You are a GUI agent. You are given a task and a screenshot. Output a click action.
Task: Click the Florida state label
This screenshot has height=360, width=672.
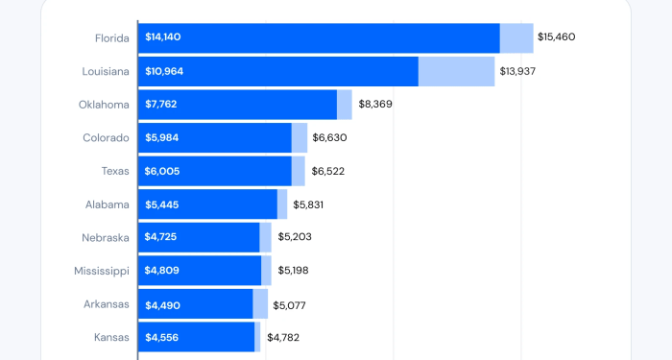[x=111, y=37]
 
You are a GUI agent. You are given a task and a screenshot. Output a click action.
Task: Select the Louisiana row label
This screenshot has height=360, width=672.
[x=106, y=71]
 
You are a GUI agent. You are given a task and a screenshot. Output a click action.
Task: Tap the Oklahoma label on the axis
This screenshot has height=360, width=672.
[x=104, y=105]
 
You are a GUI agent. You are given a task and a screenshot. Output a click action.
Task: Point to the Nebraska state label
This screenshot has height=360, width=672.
[x=106, y=237]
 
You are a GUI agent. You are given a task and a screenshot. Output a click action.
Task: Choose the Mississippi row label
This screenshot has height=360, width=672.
[x=102, y=271]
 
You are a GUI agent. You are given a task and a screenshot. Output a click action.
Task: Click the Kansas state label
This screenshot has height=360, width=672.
[x=111, y=337]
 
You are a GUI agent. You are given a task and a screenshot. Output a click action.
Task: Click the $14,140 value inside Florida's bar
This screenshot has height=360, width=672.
[x=163, y=37]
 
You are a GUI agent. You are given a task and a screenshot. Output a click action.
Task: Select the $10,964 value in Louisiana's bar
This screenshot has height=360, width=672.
[x=164, y=71]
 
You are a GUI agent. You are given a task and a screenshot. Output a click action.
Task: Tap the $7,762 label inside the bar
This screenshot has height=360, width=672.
[x=161, y=105]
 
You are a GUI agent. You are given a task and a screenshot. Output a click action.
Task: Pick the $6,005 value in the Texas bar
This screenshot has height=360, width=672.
[x=162, y=171]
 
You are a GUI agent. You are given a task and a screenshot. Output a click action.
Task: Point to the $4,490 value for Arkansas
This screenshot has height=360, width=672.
[x=162, y=305]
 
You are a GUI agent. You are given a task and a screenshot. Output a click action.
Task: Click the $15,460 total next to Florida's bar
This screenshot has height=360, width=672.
[x=557, y=37]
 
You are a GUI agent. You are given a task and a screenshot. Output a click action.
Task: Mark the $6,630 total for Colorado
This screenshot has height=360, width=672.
[x=329, y=138]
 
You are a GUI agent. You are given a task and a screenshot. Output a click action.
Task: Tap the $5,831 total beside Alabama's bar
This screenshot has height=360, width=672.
[x=309, y=204]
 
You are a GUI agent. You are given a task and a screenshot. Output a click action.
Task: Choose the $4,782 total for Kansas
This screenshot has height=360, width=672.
[x=283, y=337]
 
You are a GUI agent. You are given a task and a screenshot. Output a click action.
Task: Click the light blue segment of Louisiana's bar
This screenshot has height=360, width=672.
[x=456, y=71]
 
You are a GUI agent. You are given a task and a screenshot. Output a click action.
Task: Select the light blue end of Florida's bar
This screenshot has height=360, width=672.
[x=516, y=37]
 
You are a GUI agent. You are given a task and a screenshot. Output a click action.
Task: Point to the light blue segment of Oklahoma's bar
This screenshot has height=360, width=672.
[x=345, y=105]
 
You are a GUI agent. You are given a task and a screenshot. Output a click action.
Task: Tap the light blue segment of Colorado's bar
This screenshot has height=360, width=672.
[x=300, y=138]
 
